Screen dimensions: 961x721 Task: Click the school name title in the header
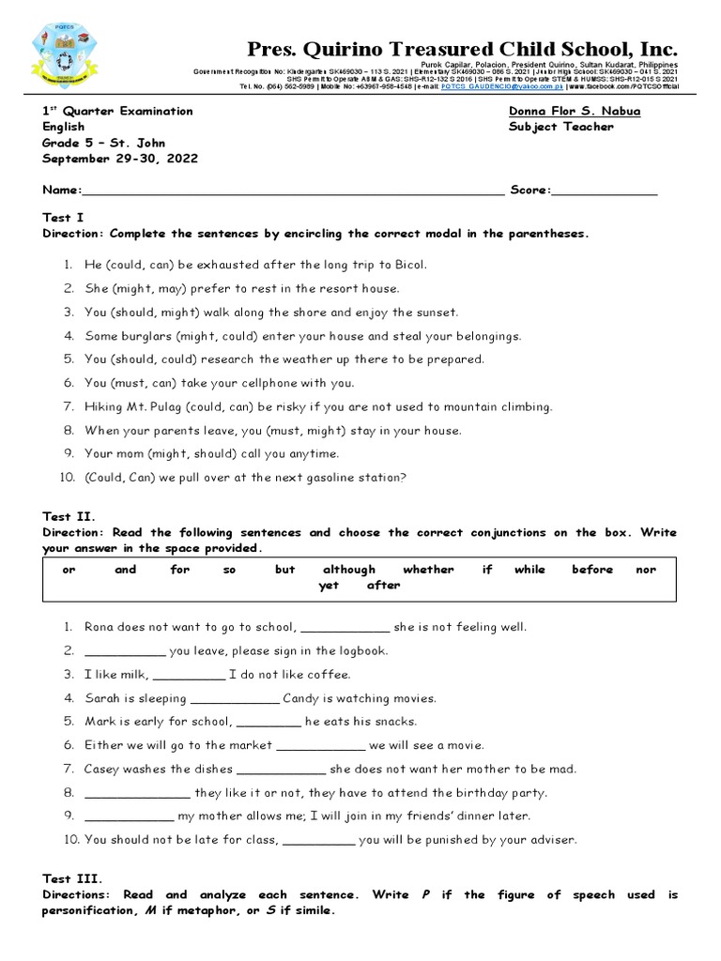tap(462, 49)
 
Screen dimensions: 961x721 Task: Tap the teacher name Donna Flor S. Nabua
tap(575, 111)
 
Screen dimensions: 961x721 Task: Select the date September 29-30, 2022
tap(119, 159)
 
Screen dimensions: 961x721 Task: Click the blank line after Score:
tap(605, 191)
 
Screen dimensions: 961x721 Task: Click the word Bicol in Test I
tap(408, 265)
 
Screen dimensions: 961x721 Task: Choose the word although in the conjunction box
tap(349, 570)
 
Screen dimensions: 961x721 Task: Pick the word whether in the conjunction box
tap(428, 570)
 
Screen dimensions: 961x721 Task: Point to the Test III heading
tap(70, 878)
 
